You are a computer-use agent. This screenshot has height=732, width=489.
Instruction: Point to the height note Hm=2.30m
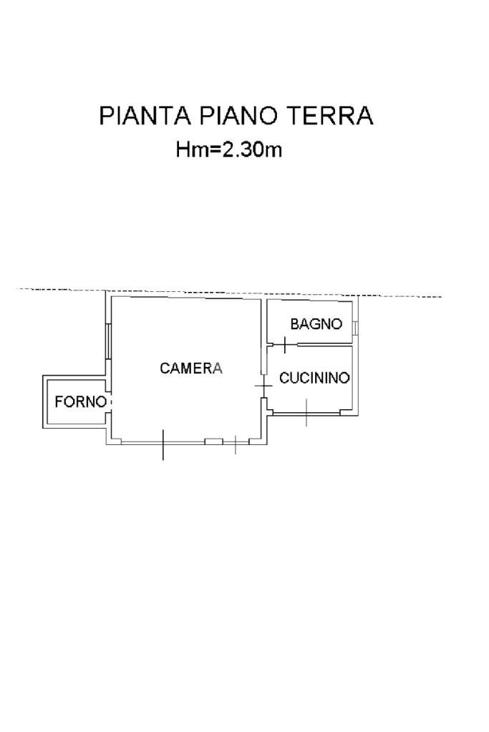click(x=228, y=150)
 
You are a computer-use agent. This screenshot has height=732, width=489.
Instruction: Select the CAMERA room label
click(x=191, y=369)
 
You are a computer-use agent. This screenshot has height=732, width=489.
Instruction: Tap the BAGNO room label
click(x=316, y=324)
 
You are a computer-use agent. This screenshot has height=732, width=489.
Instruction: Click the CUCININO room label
click(x=314, y=378)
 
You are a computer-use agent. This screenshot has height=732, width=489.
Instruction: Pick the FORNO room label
click(x=80, y=402)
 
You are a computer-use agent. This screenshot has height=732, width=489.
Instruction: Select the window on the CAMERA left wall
click(x=108, y=341)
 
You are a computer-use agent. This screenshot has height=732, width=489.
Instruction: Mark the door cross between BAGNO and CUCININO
click(x=284, y=345)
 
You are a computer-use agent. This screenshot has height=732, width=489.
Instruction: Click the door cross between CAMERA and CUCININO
click(x=264, y=387)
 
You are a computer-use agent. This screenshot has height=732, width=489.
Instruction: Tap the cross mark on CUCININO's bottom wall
click(x=306, y=413)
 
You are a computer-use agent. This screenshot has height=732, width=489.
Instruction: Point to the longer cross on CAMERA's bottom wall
click(x=163, y=444)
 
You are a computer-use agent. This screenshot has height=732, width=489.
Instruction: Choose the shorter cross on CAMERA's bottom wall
click(x=236, y=444)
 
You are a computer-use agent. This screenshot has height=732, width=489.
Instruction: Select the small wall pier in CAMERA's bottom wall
click(x=213, y=441)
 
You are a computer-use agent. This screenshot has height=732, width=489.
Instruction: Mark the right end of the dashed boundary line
click(x=440, y=296)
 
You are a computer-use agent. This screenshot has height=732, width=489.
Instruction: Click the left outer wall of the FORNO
click(x=44, y=402)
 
